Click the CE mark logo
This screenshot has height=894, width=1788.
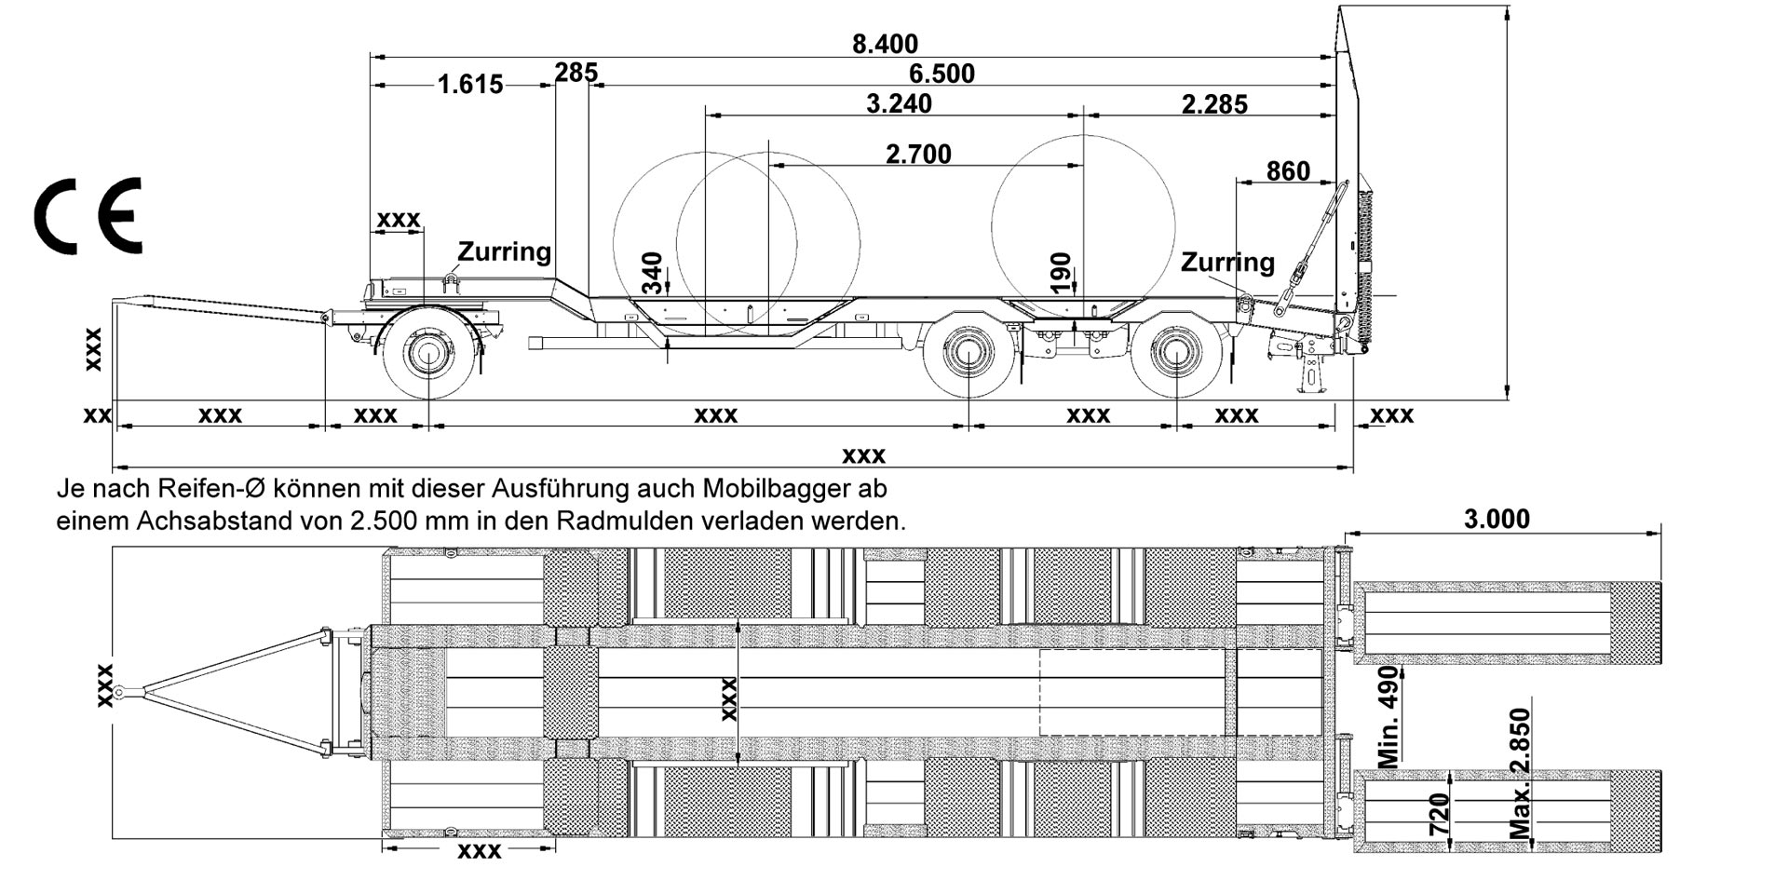pyautogui.click(x=88, y=216)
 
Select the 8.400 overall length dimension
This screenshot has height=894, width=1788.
pyautogui.click(x=885, y=44)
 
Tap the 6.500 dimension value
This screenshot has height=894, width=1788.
pyautogui.click(x=941, y=74)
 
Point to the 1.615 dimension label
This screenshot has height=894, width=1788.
pyautogui.click(x=469, y=85)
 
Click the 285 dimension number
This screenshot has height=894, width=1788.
pyautogui.click(x=576, y=73)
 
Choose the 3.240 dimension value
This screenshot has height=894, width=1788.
pyautogui.click(x=899, y=103)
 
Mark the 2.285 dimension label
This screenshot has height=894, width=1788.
pyautogui.click(x=1214, y=104)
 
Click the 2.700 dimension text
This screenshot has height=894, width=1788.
pyautogui.click(x=918, y=154)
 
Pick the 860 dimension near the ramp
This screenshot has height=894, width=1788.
pyautogui.click(x=1288, y=171)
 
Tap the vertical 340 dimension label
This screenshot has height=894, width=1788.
pyautogui.click(x=653, y=273)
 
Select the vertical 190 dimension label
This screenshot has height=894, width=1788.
pyautogui.click(x=1061, y=273)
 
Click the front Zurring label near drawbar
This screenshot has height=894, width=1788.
pyautogui.click(x=504, y=251)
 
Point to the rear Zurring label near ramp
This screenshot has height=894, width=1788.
pyautogui.click(x=1227, y=263)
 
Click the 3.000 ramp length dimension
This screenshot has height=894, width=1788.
pyautogui.click(x=1497, y=519)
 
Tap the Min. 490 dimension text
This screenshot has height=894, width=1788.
pyautogui.click(x=1388, y=716)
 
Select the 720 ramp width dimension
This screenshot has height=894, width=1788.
pyautogui.click(x=1440, y=814)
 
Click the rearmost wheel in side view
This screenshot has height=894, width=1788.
pyautogui.click(x=1176, y=353)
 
